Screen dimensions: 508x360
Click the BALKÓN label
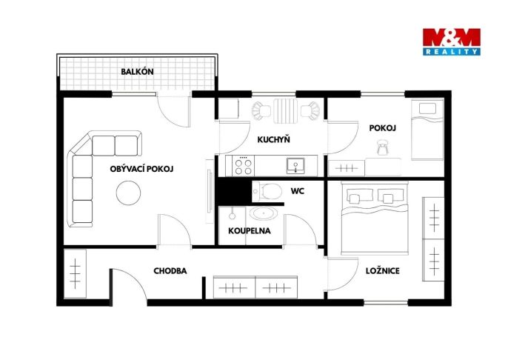click(137, 72)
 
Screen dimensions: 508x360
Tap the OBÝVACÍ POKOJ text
click(141, 169)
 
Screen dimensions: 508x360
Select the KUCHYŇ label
click(273, 140)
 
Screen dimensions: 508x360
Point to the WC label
click(298, 191)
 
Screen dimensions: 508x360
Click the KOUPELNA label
click(250, 230)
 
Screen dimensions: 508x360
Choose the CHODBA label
click(170, 271)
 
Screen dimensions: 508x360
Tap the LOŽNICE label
click(383, 271)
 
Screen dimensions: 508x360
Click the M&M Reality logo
click(451, 41)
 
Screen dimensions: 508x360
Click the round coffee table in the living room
click(128, 193)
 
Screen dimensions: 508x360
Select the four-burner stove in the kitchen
click(244, 166)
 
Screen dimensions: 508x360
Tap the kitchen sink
click(295, 166)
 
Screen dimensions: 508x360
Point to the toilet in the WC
click(267, 191)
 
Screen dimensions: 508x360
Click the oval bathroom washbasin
click(264, 214)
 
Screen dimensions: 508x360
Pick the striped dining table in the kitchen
click(285, 111)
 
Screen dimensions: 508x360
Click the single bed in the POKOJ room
click(427, 130)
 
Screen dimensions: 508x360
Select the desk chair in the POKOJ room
click(383, 147)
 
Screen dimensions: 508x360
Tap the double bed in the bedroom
click(375, 218)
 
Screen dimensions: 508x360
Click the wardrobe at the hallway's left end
click(76, 273)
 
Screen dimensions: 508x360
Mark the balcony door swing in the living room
click(173, 111)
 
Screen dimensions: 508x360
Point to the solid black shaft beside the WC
click(234, 192)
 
